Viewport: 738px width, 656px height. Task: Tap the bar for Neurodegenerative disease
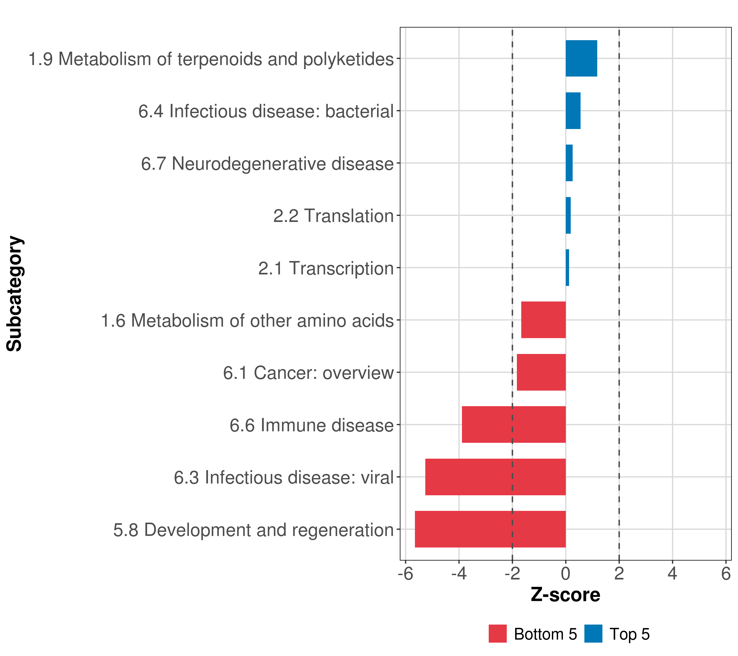click(x=569, y=163)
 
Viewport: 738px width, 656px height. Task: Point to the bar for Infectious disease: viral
click(x=495, y=477)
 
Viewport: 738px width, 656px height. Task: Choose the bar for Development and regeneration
click(x=490, y=529)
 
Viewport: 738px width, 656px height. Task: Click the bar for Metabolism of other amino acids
click(x=543, y=320)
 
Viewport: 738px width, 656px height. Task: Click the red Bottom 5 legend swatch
click(x=497, y=634)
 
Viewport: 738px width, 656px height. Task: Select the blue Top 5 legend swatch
click(x=593, y=634)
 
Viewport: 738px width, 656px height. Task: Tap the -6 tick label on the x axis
click(x=405, y=574)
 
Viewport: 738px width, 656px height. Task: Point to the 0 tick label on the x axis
click(x=566, y=574)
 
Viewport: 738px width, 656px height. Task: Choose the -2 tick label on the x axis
click(x=512, y=574)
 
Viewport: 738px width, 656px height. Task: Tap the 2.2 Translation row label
click(x=333, y=216)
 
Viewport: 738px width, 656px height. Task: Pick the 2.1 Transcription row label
click(x=325, y=268)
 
